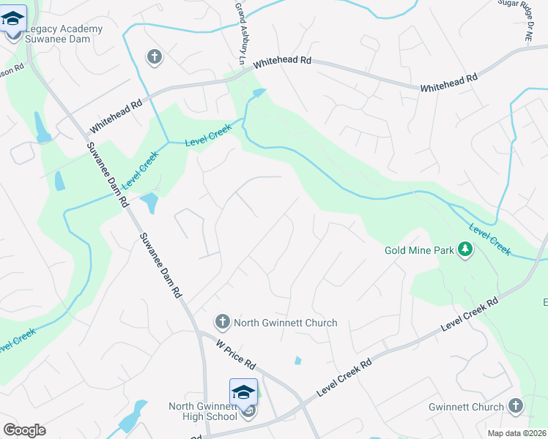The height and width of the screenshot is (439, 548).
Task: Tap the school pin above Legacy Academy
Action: click(14, 18)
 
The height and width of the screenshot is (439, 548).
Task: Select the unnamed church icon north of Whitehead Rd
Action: click(154, 56)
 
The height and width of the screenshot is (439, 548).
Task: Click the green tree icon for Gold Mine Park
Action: click(464, 250)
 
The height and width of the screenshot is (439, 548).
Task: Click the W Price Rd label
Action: click(236, 353)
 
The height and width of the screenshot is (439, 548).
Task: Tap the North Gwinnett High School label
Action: click(202, 412)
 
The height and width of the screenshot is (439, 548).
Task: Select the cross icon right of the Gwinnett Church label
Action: click(516, 406)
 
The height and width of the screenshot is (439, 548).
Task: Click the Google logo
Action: click(24, 430)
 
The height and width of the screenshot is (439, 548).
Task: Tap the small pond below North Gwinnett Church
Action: click(297, 360)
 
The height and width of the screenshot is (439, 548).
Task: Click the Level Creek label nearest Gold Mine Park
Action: click(489, 239)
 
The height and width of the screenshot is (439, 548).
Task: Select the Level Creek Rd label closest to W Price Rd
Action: click(344, 377)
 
